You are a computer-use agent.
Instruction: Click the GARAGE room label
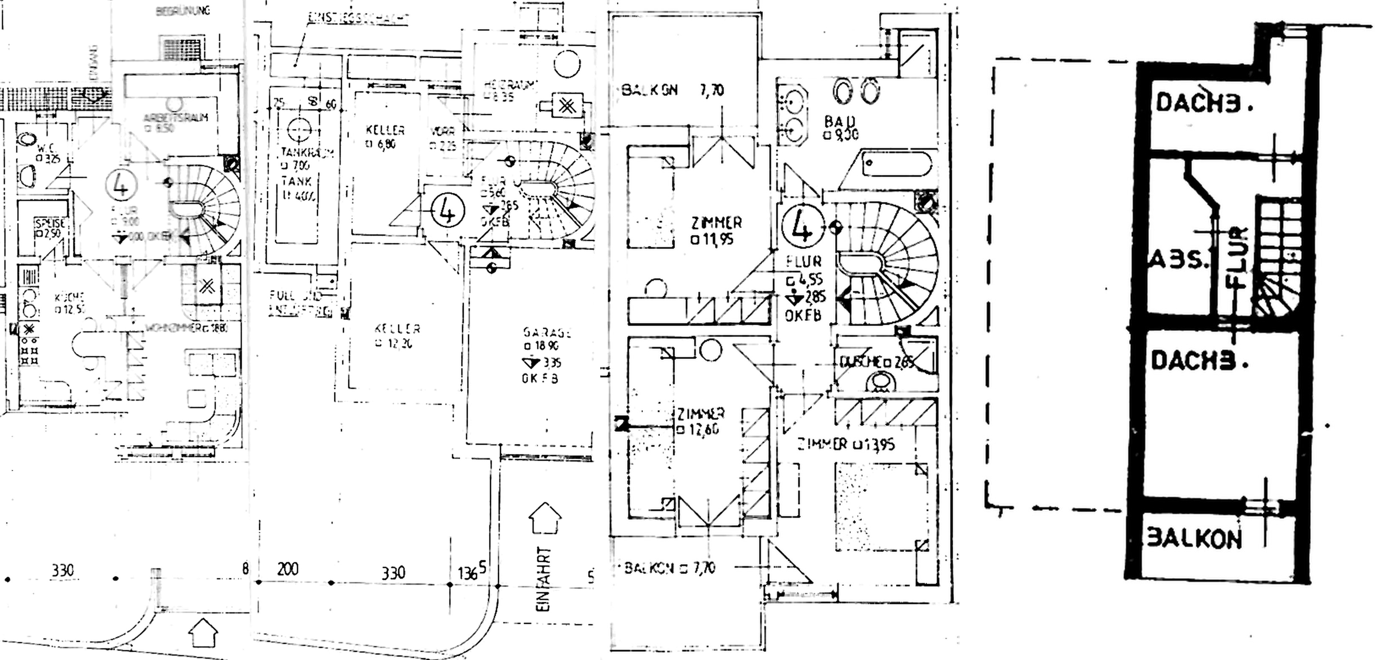tap(547, 333)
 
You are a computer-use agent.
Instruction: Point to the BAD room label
tap(840, 122)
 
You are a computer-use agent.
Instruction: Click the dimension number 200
tap(288, 569)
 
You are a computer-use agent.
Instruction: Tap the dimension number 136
tap(468, 573)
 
